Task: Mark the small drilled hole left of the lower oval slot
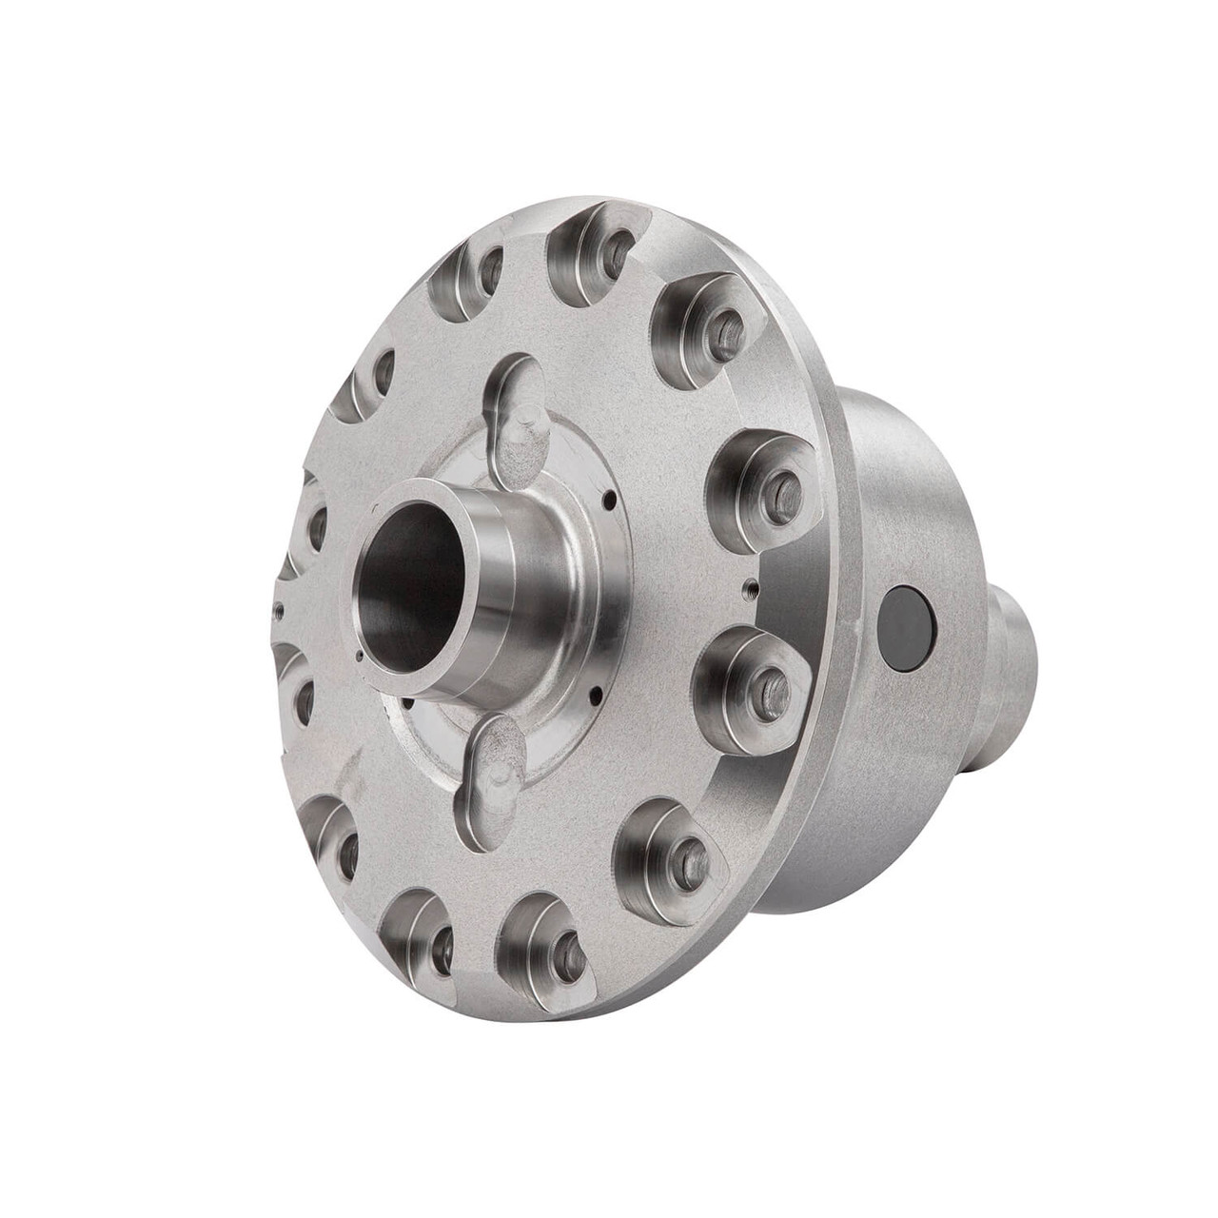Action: [x=402, y=705]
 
